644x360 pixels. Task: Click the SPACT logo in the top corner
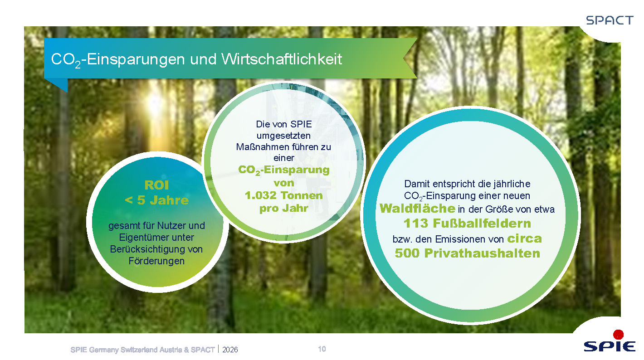pyautogui.click(x=610, y=20)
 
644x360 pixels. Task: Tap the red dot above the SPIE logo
pyautogui.click(x=618, y=335)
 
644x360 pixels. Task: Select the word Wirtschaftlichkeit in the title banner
pyautogui.click(x=282, y=59)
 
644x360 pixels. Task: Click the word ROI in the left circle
pyautogui.click(x=156, y=185)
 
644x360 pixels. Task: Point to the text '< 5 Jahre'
pyautogui.click(x=156, y=200)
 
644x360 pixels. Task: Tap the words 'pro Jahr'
pyautogui.click(x=284, y=208)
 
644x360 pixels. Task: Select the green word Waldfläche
pyautogui.click(x=417, y=208)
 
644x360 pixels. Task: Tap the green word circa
pyautogui.click(x=524, y=238)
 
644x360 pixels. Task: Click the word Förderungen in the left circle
pyautogui.click(x=156, y=261)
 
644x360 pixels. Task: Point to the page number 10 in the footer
pyautogui.click(x=322, y=349)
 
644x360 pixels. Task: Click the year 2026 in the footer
pyautogui.click(x=230, y=350)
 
